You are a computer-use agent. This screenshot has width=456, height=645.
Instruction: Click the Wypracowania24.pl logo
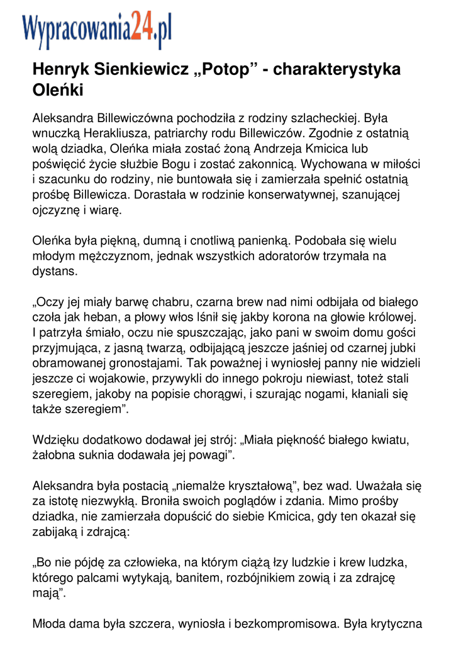pyautogui.click(x=97, y=30)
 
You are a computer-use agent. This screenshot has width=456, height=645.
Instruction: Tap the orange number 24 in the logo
pyautogui.click(x=142, y=28)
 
